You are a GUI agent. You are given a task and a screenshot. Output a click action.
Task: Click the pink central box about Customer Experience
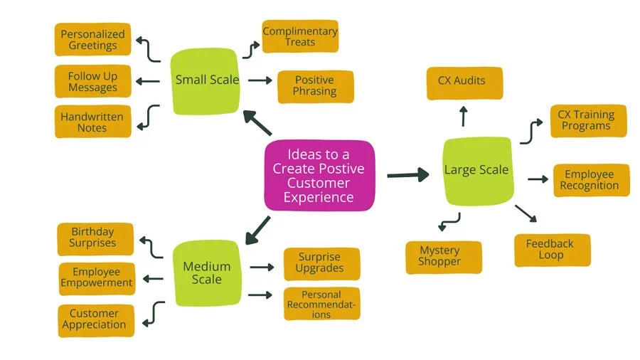[x=319, y=175]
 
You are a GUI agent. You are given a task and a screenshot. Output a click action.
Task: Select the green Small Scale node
[x=207, y=80]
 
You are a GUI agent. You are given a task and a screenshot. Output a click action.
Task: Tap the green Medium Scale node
[x=207, y=273]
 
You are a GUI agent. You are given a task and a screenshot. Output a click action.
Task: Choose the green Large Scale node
[x=476, y=170]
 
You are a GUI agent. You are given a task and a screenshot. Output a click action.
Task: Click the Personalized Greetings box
[x=92, y=40]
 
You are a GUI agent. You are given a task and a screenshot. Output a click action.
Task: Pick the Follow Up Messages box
[x=92, y=82]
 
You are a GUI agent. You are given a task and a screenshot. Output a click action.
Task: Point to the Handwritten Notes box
[x=92, y=122]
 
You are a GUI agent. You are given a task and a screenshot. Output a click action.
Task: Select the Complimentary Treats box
[x=299, y=37]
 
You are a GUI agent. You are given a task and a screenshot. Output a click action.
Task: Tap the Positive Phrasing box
[x=314, y=86]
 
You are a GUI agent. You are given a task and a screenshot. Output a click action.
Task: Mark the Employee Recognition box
[x=589, y=180]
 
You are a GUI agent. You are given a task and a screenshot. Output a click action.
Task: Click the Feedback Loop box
[x=550, y=250]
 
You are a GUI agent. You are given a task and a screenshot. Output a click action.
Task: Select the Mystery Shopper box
[x=439, y=257]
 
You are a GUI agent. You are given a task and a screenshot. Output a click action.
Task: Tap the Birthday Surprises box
[x=92, y=238]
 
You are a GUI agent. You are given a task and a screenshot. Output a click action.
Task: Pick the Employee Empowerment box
[x=96, y=277]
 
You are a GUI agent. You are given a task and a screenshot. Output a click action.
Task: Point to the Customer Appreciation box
[x=94, y=319]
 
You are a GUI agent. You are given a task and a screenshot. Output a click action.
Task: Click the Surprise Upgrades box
[x=320, y=263]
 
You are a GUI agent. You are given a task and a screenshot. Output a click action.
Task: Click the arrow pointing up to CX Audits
[x=463, y=116]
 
